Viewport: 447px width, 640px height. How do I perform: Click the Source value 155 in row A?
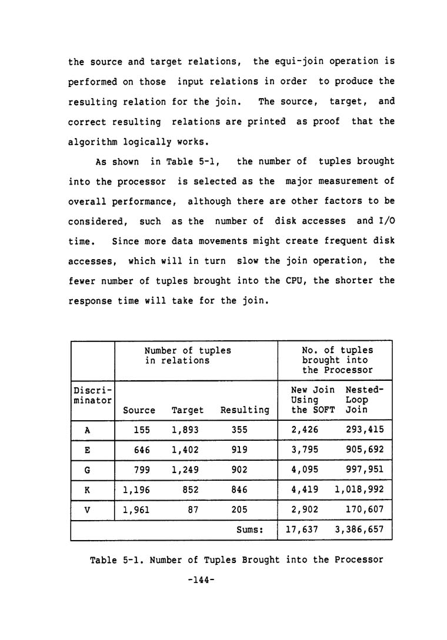(142, 430)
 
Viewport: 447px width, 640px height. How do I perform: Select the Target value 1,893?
(185, 430)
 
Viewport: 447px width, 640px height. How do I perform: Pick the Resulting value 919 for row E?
(239, 450)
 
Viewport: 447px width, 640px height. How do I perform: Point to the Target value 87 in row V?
(192, 510)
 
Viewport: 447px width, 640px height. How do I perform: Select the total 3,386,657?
(359, 530)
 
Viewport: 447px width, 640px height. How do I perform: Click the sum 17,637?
(302, 530)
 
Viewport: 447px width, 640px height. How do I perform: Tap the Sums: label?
(249, 530)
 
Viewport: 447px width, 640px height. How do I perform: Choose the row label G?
(87, 470)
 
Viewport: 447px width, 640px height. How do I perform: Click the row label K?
(87, 490)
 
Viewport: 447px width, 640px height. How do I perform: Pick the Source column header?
(139, 410)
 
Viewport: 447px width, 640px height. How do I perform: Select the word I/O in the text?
(385, 221)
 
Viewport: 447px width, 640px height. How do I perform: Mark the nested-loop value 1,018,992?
(359, 490)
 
